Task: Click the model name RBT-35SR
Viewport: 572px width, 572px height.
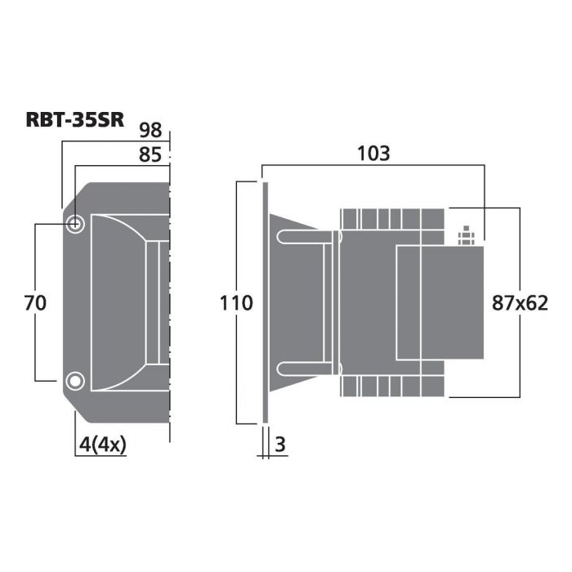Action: click(75, 119)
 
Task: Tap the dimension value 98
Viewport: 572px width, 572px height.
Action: click(150, 130)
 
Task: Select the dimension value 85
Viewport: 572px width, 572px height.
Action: click(150, 154)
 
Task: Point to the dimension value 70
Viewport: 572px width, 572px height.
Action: click(35, 303)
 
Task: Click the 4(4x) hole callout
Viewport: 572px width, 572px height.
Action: click(103, 445)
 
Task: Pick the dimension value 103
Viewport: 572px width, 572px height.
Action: click(373, 154)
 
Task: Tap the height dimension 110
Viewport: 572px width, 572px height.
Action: click(236, 303)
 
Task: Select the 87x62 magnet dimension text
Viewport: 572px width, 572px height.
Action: click(520, 303)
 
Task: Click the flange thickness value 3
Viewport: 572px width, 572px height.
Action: click(279, 445)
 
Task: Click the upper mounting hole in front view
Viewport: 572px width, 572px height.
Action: click(75, 223)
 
